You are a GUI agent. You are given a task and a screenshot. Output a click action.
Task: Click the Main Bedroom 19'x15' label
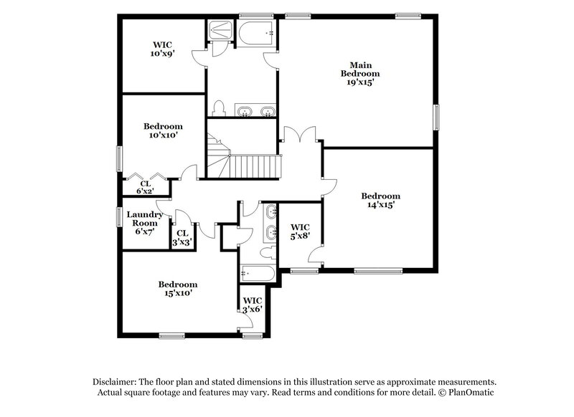pos(359,73)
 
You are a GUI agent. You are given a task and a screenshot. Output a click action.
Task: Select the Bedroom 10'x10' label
pos(162,130)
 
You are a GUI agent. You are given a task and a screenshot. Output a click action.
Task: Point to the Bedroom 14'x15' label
pos(380,200)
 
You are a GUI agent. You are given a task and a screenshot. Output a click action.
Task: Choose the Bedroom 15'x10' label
pos(177,288)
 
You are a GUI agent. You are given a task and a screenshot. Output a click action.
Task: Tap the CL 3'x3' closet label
pos(182,238)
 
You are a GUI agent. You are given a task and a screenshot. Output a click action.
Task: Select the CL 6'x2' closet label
pos(145,187)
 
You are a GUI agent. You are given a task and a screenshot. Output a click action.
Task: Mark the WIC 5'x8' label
pos(298,231)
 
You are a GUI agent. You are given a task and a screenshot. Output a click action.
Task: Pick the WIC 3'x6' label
pos(253,305)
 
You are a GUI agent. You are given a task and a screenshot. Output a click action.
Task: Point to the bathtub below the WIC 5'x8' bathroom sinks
pos(257,272)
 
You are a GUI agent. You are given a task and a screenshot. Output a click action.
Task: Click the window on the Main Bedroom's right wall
pos(436,118)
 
